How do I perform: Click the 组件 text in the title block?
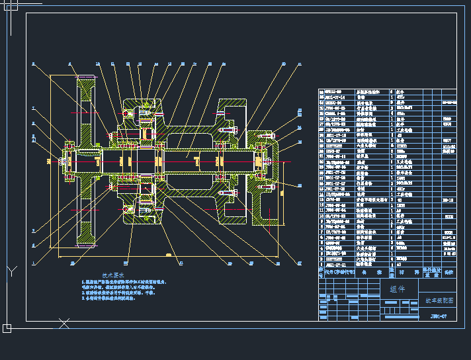(398, 289)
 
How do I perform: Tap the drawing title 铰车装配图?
(438, 300)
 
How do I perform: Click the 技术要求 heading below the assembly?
(113, 274)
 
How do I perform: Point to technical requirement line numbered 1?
(126, 282)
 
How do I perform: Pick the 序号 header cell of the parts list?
(321, 271)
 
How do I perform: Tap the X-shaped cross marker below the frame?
(64, 324)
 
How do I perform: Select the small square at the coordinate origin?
(7, 328)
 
